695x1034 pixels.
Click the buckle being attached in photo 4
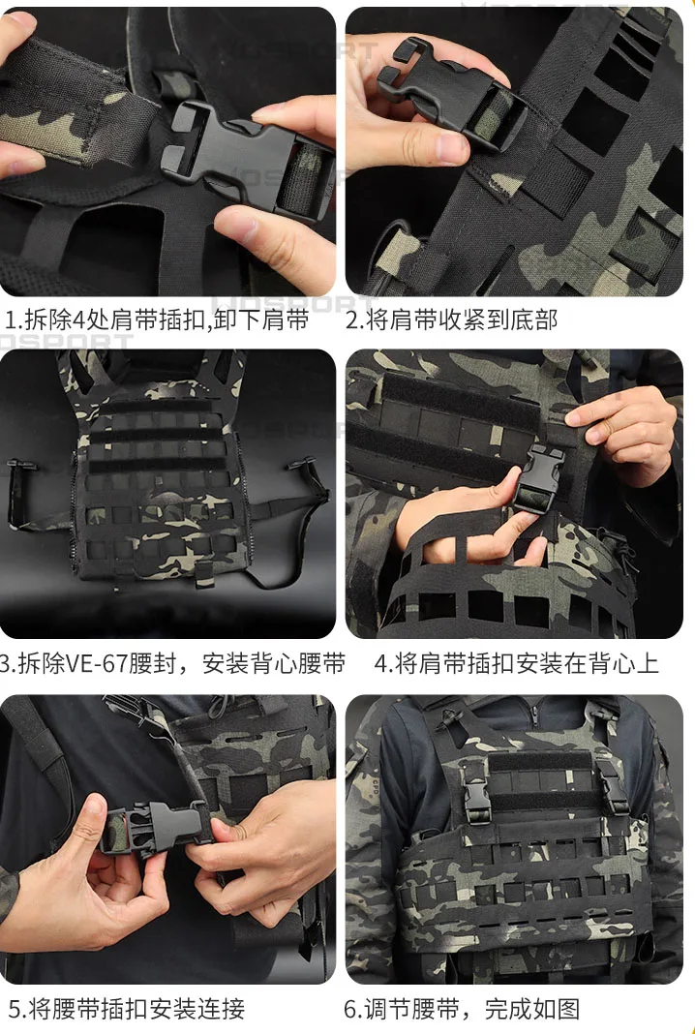[539, 478]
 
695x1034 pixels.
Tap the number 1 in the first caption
[11, 319]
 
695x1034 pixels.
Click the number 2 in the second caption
[352, 319]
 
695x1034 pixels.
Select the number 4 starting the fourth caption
[381, 663]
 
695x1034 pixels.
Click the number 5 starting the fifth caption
[15, 1009]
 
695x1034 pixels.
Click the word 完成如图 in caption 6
[532, 1009]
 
